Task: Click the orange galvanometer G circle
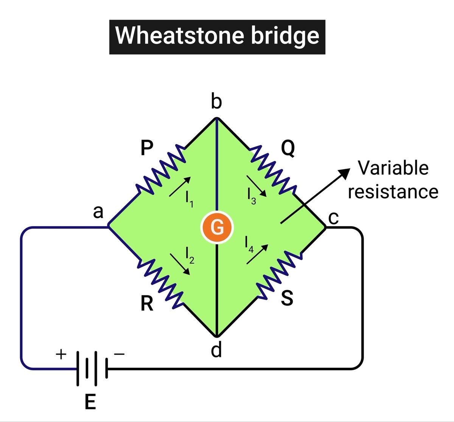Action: coord(217,228)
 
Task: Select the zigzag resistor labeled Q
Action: coord(272,169)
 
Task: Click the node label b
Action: coord(216,102)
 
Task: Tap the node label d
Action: coord(216,351)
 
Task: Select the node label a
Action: coord(98,213)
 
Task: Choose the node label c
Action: coord(333,217)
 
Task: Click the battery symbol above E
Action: coord(92,368)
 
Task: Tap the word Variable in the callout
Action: coord(393,168)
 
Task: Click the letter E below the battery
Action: coord(90,402)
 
